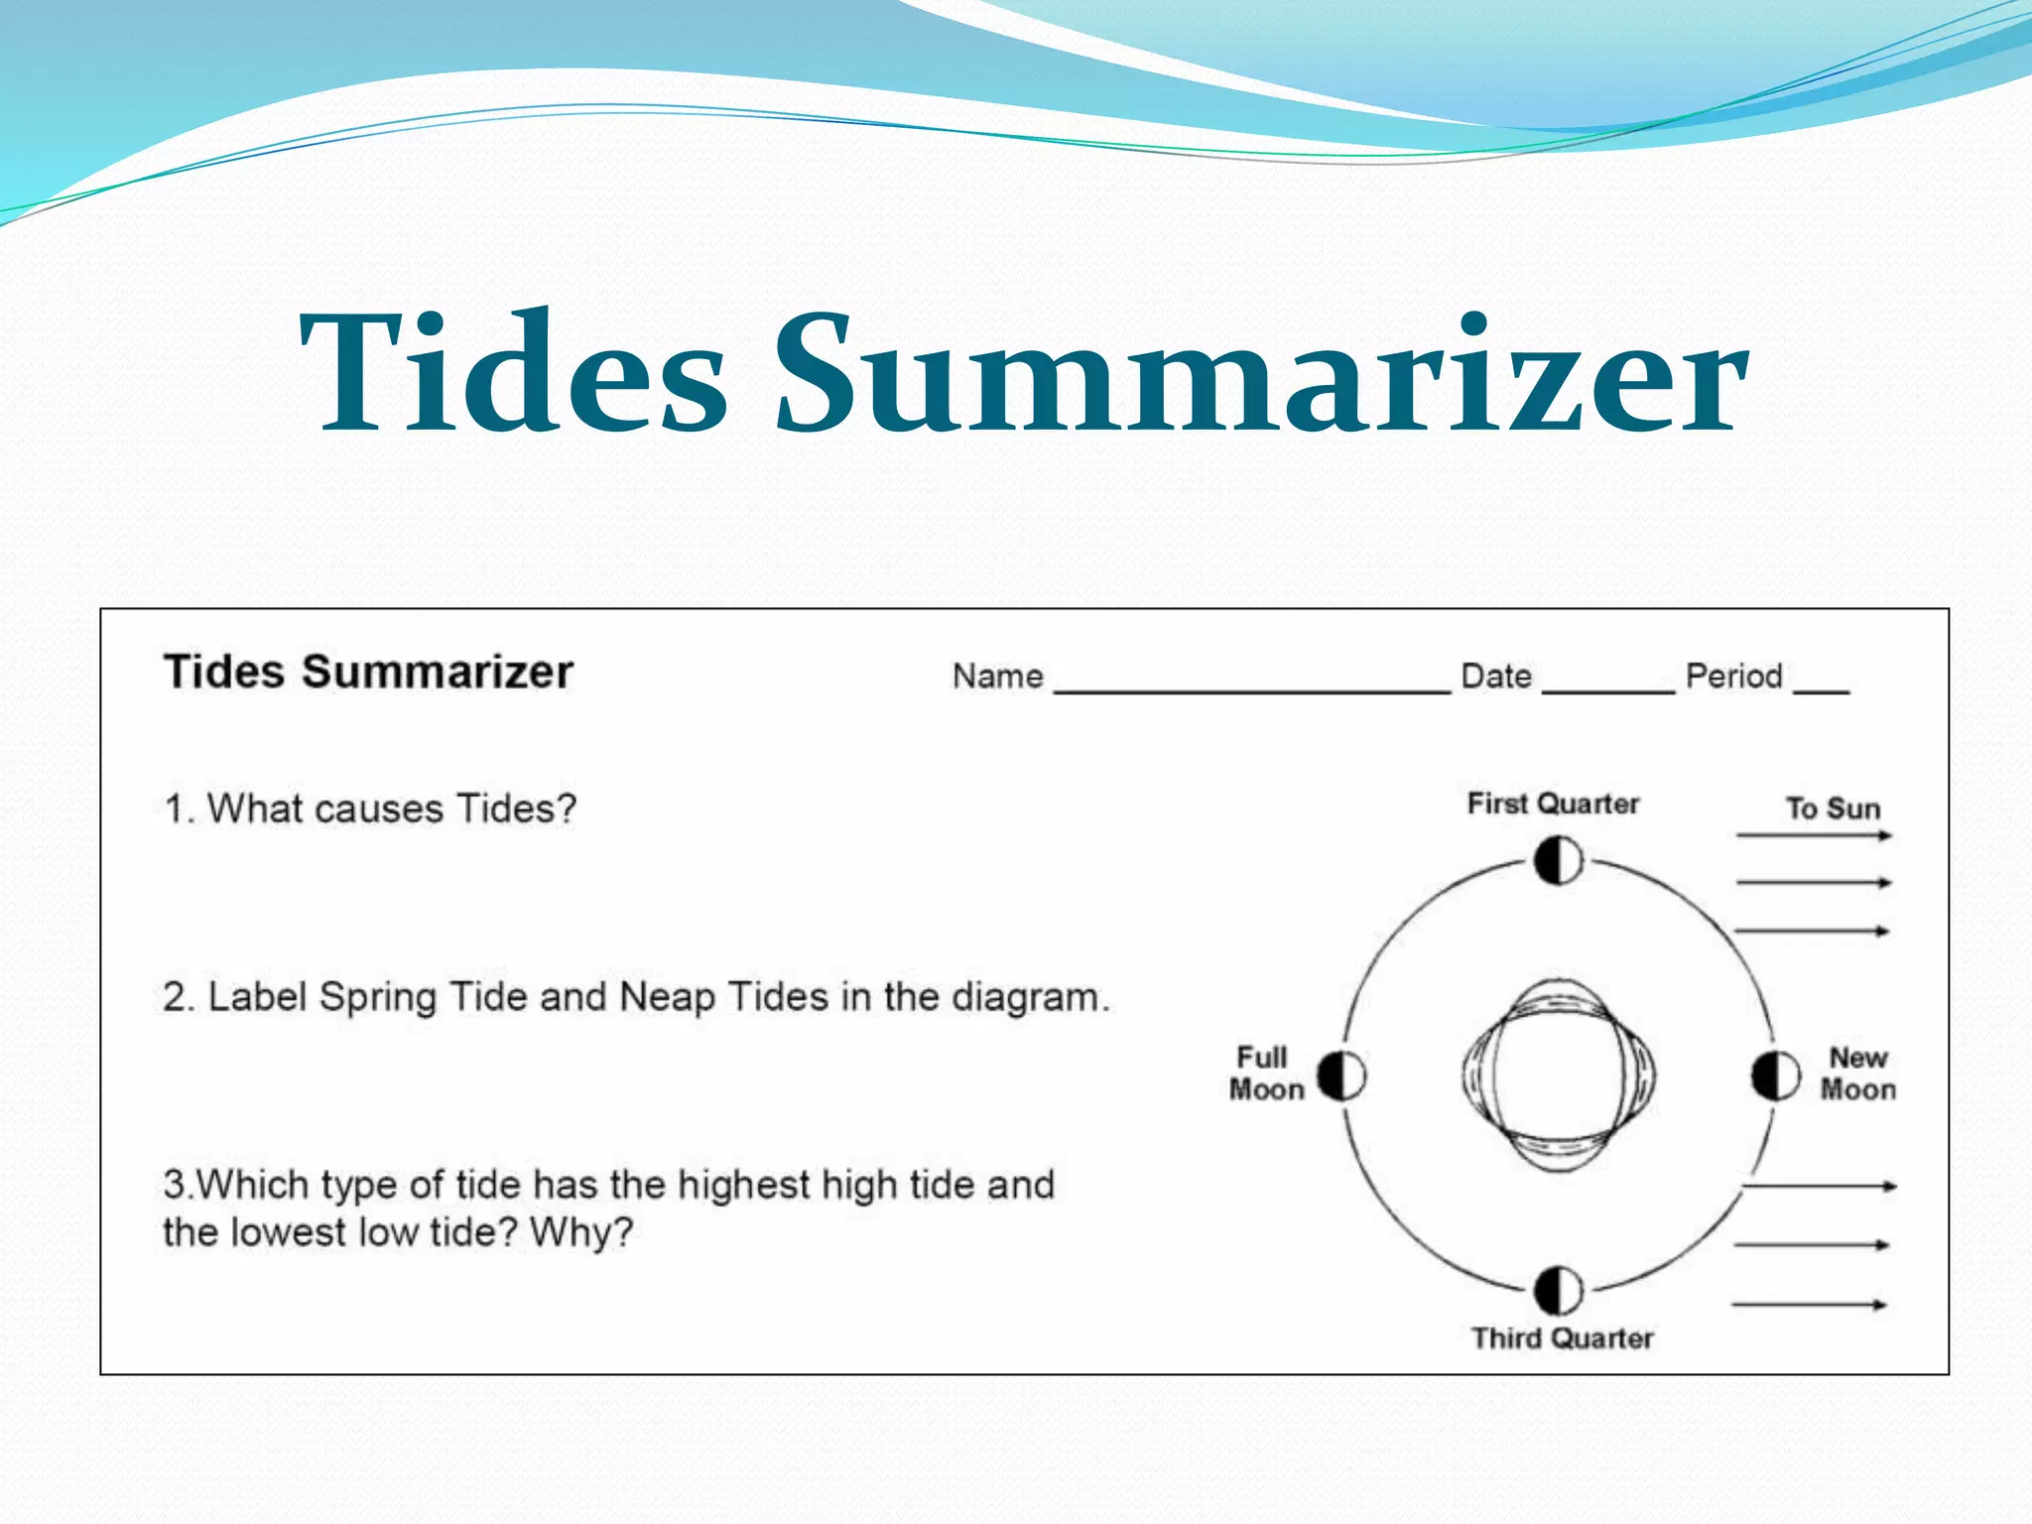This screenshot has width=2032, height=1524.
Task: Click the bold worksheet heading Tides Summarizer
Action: click(x=368, y=672)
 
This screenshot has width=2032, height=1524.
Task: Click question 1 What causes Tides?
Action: click(x=370, y=809)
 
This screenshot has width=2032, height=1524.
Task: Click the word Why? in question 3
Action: click(x=581, y=1232)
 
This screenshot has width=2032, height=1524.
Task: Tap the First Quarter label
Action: click(x=1553, y=803)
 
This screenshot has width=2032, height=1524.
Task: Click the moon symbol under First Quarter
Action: click(x=1558, y=860)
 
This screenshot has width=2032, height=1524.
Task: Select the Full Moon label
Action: click(x=1266, y=1074)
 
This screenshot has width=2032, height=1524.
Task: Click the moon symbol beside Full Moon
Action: click(x=1341, y=1076)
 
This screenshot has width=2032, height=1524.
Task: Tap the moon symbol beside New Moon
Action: click(x=1775, y=1076)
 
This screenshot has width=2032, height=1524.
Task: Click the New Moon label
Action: click(x=1857, y=1074)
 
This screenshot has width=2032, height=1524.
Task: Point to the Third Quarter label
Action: click(x=1562, y=1337)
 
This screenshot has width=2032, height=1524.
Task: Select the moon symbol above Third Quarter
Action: click(x=1558, y=1291)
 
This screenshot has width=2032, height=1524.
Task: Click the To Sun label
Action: click(x=1833, y=809)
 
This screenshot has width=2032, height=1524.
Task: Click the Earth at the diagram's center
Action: click(x=1558, y=1076)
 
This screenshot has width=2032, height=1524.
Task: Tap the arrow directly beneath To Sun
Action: click(x=1814, y=835)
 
